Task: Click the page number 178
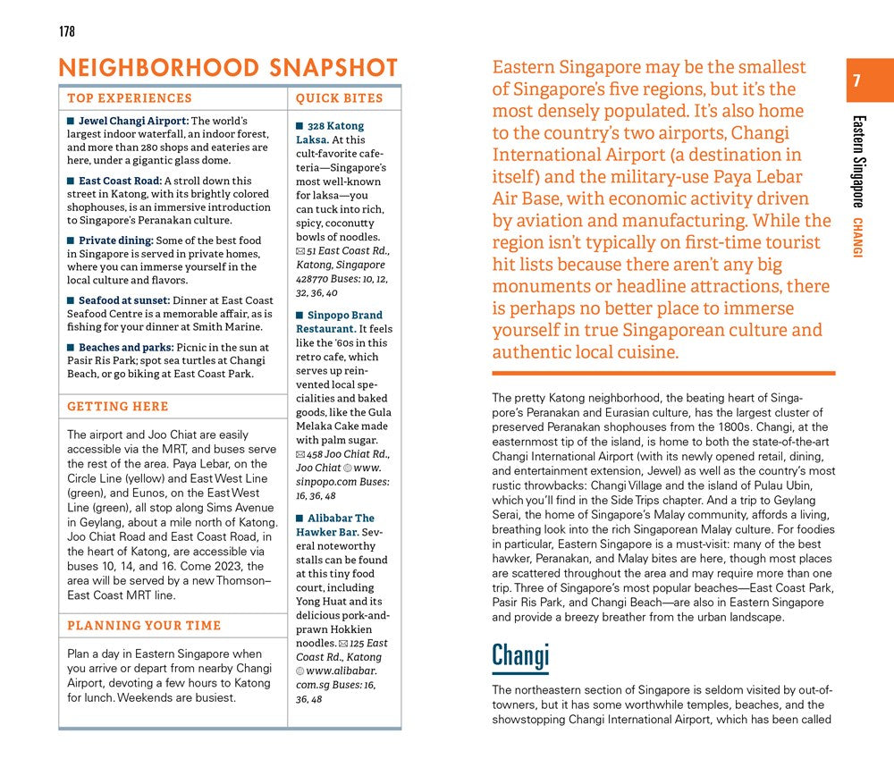pyautogui.click(x=67, y=32)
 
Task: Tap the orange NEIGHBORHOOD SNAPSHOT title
pyautogui.click(x=227, y=68)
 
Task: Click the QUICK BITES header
pyautogui.click(x=339, y=98)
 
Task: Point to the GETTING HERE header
pyautogui.click(x=118, y=407)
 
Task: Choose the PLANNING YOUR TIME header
pyautogui.click(x=144, y=626)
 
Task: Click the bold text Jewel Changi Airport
pyautogui.click(x=133, y=121)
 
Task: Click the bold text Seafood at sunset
pyautogui.click(x=124, y=301)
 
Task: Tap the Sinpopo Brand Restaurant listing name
pyautogui.click(x=340, y=322)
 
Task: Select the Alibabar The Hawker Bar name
pyautogui.click(x=336, y=525)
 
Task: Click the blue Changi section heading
pyautogui.click(x=519, y=656)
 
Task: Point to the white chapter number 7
pyautogui.click(x=856, y=81)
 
